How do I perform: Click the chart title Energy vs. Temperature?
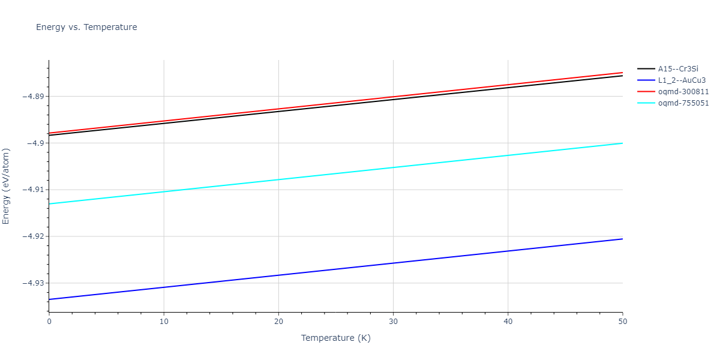point(86,27)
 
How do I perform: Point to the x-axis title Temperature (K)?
point(335,338)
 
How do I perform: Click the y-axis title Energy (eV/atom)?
point(7,186)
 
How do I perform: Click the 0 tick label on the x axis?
point(49,322)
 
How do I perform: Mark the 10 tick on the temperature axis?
point(164,322)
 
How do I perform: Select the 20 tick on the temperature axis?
point(278,322)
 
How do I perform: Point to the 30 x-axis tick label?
point(393,322)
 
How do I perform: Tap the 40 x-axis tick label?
point(508,322)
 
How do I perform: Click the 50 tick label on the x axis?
point(622,322)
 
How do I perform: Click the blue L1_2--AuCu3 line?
point(336,269)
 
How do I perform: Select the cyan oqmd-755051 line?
point(336,173)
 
